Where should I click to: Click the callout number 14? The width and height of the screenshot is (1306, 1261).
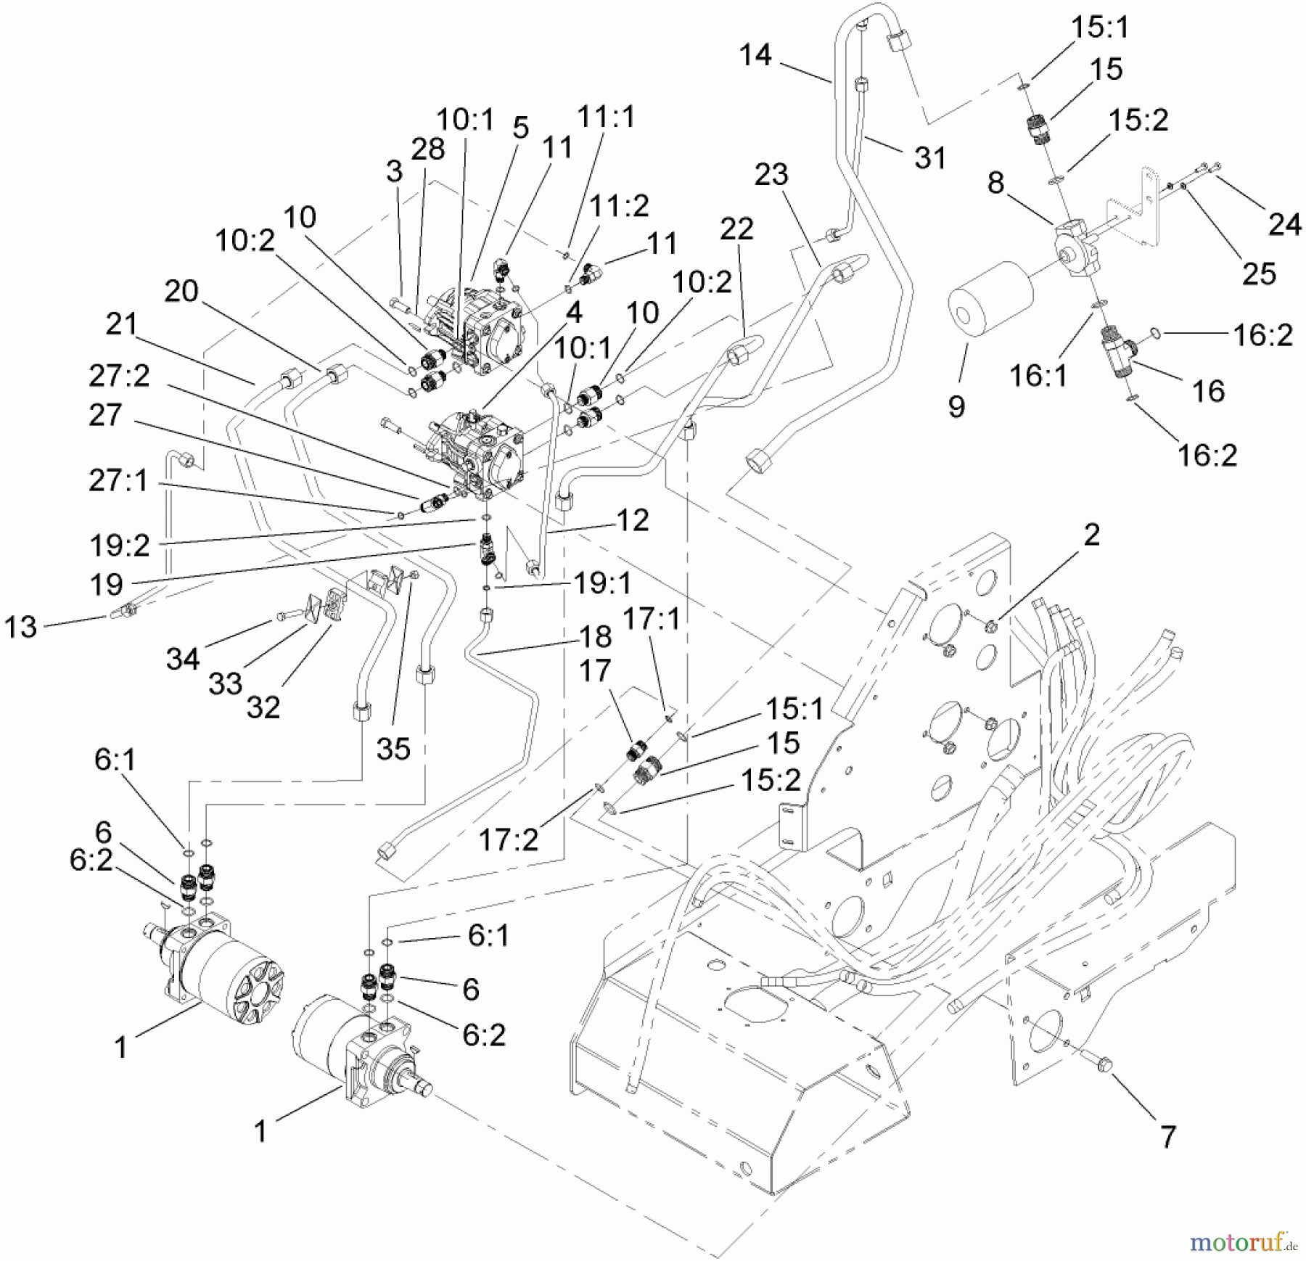pyautogui.click(x=755, y=55)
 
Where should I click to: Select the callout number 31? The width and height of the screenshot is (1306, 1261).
pyautogui.click(x=930, y=157)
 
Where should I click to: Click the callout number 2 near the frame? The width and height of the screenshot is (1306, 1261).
pyautogui.click(x=1091, y=535)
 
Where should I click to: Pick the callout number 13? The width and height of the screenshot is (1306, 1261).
pyautogui.click(x=20, y=627)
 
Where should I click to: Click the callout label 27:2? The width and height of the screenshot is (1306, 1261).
pyautogui.click(x=119, y=376)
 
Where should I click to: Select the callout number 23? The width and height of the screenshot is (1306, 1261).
pyautogui.click(x=771, y=174)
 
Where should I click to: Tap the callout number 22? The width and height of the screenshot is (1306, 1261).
pyautogui.click(x=736, y=229)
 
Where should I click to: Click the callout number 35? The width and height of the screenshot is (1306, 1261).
pyautogui.click(x=393, y=748)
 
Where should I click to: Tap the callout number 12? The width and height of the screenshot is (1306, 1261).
pyautogui.click(x=632, y=520)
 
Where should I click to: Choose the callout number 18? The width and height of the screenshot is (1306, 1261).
pyautogui.click(x=595, y=636)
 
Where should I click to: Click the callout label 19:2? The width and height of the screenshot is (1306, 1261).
pyautogui.click(x=120, y=545)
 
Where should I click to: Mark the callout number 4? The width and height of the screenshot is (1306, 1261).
pyautogui.click(x=573, y=313)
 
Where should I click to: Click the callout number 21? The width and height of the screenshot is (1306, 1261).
pyautogui.click(x=120, y=324)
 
